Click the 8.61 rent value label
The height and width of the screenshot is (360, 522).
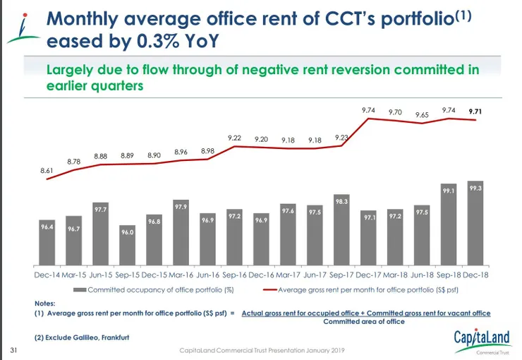pyautogui.click(x=47, y=170)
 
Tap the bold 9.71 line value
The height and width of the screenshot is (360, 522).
pyautogui.click(x=475, y=111)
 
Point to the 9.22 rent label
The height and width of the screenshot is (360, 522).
pyautogui.click(x=235, y=138)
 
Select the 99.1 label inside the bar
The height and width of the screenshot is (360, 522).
pyautogui.click(x=449, y=191)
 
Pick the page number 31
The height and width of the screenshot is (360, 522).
pyautogui.click(x=13, y=349)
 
